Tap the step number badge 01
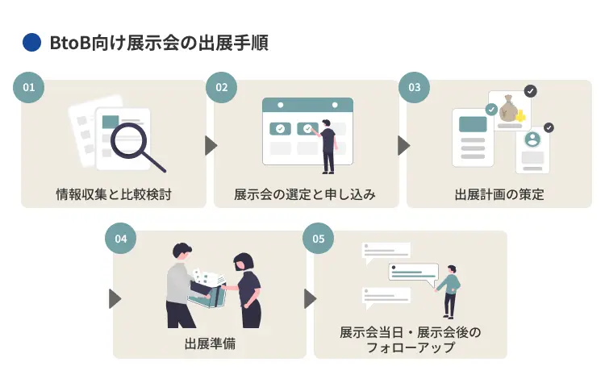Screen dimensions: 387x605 coord(29,88)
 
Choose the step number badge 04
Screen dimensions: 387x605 coord(121,239)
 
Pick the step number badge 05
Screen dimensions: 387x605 coord(318,239)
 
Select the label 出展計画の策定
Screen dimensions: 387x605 coord(499,194)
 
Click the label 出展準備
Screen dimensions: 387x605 coord(210,344)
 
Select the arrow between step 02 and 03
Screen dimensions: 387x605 coord(403,145)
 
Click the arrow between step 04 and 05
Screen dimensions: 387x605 coord(310,298)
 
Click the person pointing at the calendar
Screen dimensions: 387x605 coord(327,146)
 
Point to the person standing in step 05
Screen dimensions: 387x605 coord(449,290)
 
